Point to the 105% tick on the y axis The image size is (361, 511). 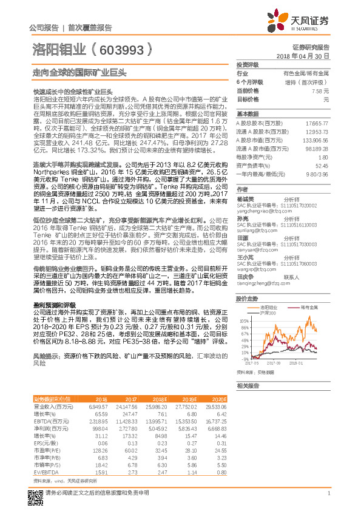pos(243,320)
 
